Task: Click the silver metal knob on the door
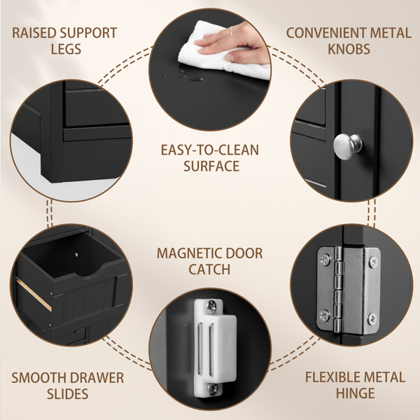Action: click(x=347, y=146)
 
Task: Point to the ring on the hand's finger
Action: click(x=230, y=31)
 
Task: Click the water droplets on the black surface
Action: click(x=182, y=76)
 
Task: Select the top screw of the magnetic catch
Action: click(x=211, y=307)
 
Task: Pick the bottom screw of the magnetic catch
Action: click(x=212, y=389)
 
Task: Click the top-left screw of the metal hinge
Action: click(x=325, y=260)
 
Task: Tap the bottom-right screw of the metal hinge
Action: click(x=372, y=318)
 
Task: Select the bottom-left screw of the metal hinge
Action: click(x=324, y=315)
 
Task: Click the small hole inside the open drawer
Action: click(x=77, y=254)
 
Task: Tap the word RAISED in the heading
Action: click(x=34, y=33)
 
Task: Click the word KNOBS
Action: click(x=349, y=49)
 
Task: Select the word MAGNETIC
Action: click(x=189, y=253)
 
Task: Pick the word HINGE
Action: click(x=355, y=393)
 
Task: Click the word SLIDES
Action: click(x=67, y=393)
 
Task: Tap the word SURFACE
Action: click(x=211, y=166)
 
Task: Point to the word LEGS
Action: click(x=66, y=49)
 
